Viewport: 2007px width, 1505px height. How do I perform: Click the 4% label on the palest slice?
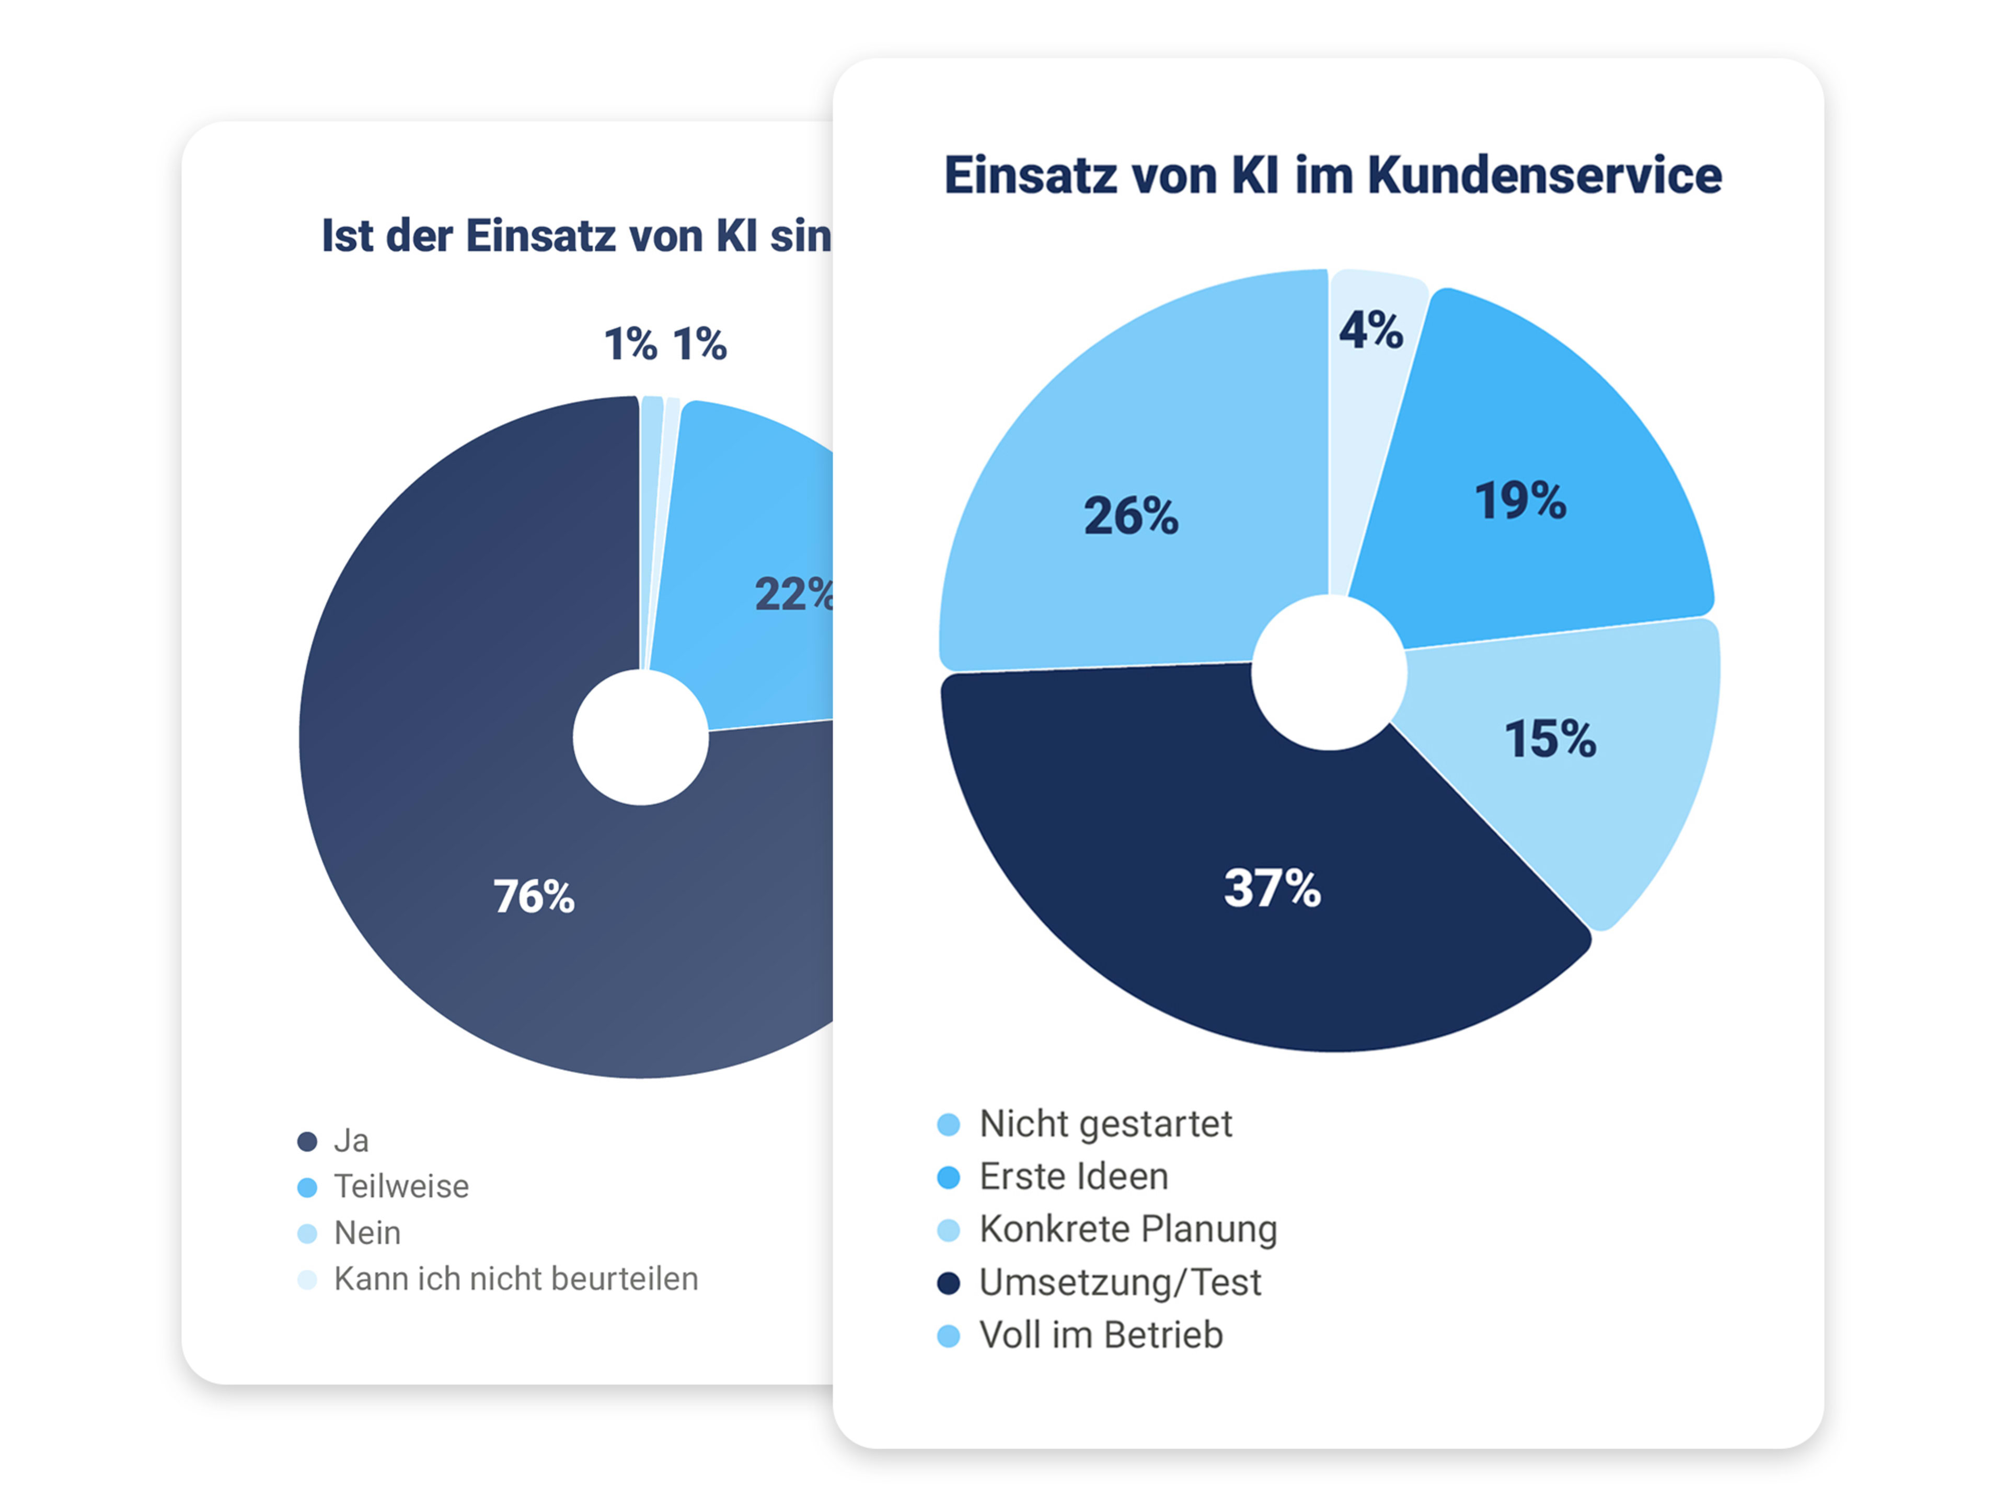pos(1371,330)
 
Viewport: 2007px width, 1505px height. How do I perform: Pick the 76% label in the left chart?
pos(534,896)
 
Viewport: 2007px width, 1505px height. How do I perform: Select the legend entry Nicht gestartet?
pos(1105,1124)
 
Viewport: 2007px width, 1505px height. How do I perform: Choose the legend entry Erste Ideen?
pos(1074,1177)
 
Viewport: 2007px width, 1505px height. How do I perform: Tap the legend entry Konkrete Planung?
pos(1128,1229)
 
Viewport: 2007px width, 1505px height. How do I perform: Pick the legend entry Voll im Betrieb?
pos(1101,1335)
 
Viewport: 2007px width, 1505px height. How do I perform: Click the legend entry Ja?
pos(351,1140)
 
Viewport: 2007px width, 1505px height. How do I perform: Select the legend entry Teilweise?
pos(401,1187)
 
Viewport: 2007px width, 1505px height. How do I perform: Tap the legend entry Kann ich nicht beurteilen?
pos(515,1279)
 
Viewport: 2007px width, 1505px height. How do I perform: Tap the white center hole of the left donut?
pos(641,737)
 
